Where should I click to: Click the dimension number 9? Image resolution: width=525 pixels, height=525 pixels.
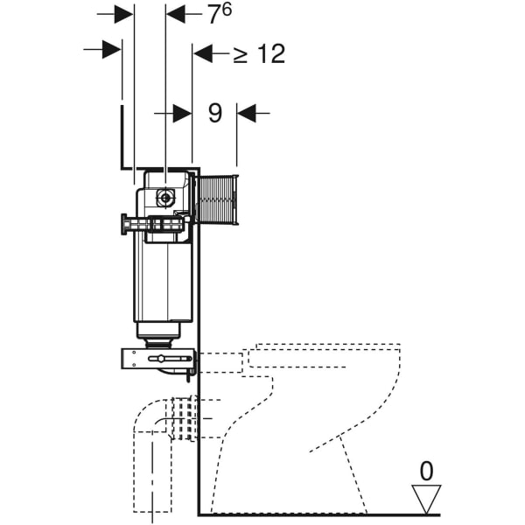coord(215,113)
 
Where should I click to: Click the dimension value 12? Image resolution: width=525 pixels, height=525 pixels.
coord(271,53)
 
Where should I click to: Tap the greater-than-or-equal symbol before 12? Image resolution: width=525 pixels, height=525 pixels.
coord(241,54)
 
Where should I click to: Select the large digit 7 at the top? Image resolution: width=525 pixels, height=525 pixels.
coord(214,15)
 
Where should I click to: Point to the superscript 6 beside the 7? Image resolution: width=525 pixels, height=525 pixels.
coord(227,10)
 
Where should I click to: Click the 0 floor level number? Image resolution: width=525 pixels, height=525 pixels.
coord(426,471)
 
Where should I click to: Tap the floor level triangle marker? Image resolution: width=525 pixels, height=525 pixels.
coord(426,499)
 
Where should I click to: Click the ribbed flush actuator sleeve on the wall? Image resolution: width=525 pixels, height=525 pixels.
coord(217,199)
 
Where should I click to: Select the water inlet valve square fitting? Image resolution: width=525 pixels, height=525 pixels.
coord(165,198)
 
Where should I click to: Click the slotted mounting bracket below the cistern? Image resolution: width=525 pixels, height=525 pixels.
coord(157,359)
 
